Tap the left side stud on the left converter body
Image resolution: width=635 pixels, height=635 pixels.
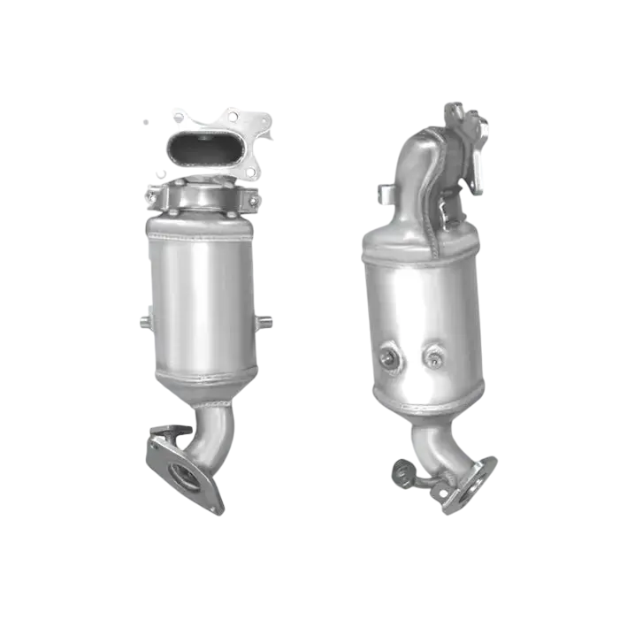142,320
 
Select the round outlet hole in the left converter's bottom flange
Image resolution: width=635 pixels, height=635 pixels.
186,479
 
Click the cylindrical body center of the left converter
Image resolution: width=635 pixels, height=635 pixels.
202,305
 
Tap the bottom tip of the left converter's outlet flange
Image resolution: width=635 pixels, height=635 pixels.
216,510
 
